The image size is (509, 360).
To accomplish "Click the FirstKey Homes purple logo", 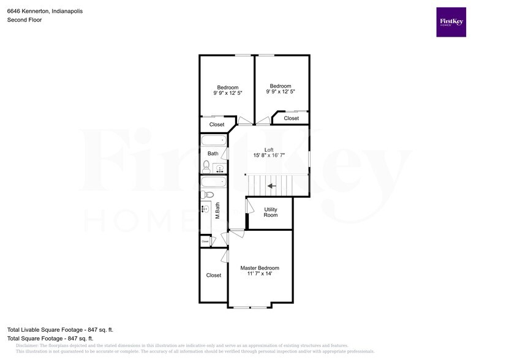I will [451, 22].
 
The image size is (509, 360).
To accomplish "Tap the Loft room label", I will [268, 150].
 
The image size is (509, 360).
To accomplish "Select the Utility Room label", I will [270, 212].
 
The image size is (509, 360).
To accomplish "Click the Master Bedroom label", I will [260, 268].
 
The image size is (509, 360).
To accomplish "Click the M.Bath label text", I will [217, 211].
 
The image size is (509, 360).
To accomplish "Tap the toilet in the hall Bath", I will [206, 165].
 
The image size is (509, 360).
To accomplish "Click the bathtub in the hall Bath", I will [214, 141].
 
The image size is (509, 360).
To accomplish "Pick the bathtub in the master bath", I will [214, 182].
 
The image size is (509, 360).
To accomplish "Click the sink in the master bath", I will [206, 209].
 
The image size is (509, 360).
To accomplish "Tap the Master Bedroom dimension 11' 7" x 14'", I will [260, 274].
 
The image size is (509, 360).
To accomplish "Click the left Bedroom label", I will [227, 88].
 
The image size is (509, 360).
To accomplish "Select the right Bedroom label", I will [281, 86].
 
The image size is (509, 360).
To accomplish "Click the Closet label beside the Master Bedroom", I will [214, 276].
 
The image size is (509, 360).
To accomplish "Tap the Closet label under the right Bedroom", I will [292, 118].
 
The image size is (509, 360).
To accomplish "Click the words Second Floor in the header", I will [24, 20].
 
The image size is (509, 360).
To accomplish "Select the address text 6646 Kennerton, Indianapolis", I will [45, 11].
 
